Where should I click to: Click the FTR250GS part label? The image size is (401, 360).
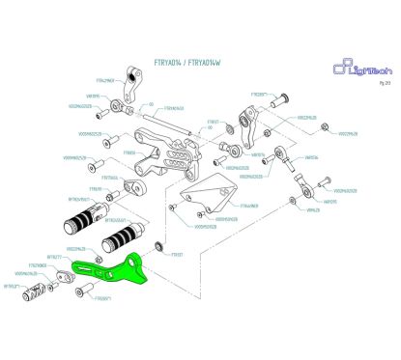(109, 177)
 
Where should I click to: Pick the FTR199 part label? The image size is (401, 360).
(96, 188)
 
